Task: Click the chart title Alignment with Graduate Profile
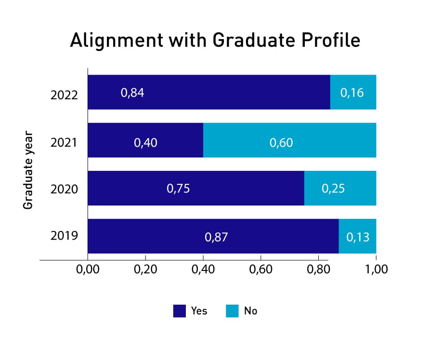[x=215, y=40]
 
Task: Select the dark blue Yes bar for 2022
[x=208, y=92]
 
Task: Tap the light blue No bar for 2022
[x=353, y=92]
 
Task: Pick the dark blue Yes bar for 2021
[x=145, y=140]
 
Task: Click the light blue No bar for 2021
[x=289, y=140]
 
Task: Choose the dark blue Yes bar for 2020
[x=195, y=188]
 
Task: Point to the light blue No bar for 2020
[x=340, y=188]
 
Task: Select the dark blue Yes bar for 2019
[x=213, y=236]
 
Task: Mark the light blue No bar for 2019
[x=357, y=236]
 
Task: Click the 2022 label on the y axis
[x=64, y=95]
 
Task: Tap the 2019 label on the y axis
[x=64, y=236]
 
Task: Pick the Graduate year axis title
[x=28, y=170]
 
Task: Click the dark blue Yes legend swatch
[x=179, y=311]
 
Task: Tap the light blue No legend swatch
[x=232, y=311]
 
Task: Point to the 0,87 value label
[x=216, y=237]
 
